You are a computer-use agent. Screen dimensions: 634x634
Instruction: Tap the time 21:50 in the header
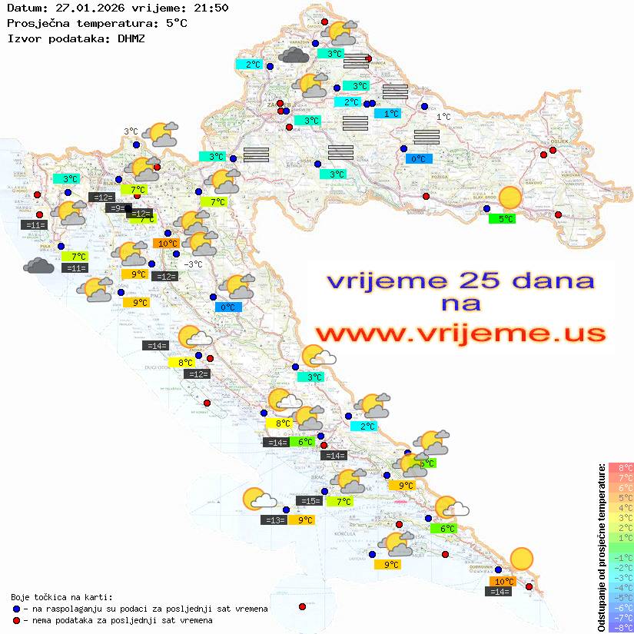pos(212,8)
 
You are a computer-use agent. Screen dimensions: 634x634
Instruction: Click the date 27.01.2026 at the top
pos(88,8)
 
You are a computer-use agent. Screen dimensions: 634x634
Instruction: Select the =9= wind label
pos(117,208)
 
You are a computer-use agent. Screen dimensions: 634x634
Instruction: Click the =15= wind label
pos(309,501)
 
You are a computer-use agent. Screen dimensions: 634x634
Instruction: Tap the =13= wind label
pos(274,520)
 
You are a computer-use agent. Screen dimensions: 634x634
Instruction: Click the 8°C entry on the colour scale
pos(621,468)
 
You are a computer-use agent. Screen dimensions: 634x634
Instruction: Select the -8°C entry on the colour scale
pos(621,628)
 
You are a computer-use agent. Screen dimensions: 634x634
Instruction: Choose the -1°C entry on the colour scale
pos(621,558)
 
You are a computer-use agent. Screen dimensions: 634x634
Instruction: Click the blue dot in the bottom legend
pos(16,609)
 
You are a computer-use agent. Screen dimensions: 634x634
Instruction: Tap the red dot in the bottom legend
pos(16,620)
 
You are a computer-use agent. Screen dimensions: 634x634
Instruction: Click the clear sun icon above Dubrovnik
pos(522,558)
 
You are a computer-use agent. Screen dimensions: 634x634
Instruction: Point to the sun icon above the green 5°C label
pos(509,198)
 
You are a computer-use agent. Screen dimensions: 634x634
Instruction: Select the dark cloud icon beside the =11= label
pos(38,266)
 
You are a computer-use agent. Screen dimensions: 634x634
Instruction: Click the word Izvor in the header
pos(22,38)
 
